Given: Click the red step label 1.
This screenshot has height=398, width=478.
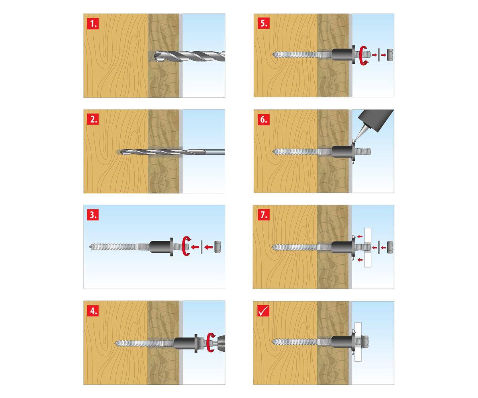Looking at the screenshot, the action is [x=93, y=23].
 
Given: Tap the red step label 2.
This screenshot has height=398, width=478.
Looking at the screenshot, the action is [x=93, y=119].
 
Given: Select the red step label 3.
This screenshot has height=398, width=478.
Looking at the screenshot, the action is [x=93, y=215].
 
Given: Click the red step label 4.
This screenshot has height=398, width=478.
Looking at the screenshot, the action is [x=93, y=310].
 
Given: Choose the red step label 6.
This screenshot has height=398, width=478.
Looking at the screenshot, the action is [x=263, y=119].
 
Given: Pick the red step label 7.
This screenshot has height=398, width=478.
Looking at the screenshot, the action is [x=263, y=215].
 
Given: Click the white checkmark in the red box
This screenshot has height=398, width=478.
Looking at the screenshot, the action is [x=263, y=310].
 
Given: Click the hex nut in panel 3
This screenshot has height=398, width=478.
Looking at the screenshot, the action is [x=217, y=247].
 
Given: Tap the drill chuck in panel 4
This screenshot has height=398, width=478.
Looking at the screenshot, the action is [x=221, y=342].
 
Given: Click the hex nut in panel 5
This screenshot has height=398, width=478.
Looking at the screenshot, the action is [x=390, y=55].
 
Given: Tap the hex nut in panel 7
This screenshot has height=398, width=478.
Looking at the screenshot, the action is [x=390, y=247].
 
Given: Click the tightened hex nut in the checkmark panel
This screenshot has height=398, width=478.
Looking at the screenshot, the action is [x=365, y=342].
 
